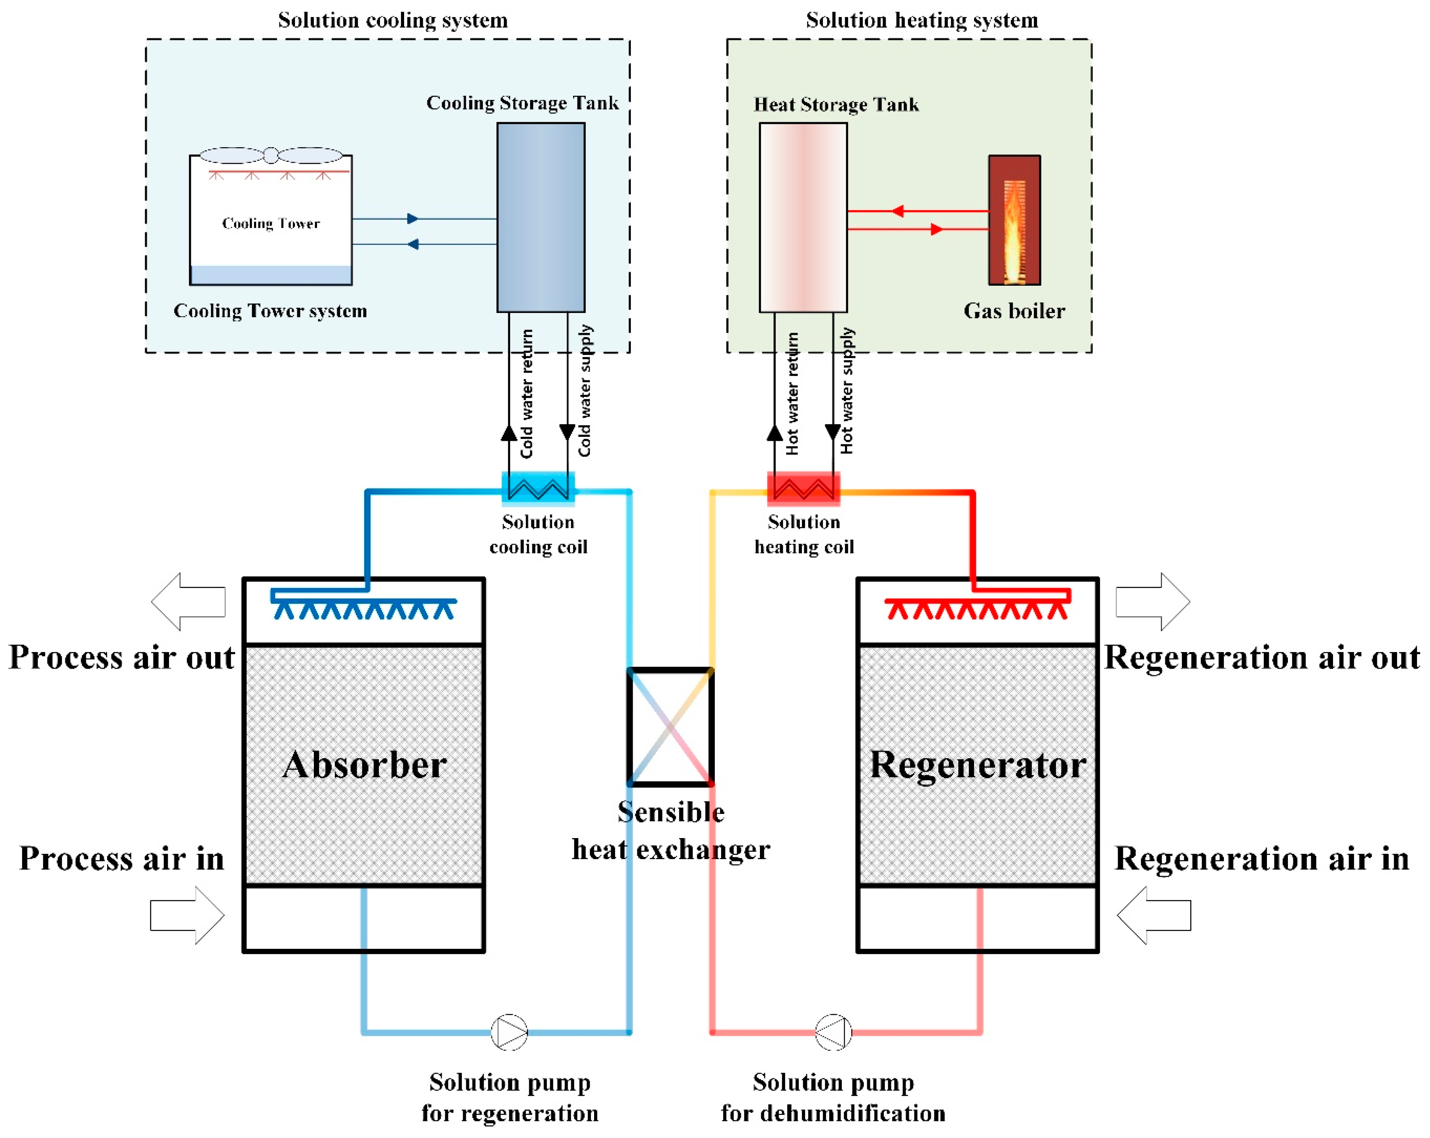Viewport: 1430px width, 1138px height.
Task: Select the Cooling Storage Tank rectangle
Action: [x=541, y=218]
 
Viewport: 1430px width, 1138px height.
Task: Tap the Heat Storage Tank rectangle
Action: [x=803, y=218]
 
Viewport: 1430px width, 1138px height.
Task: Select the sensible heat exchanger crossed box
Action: [x=670, y=726]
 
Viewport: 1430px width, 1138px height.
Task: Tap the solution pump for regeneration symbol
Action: [x=509, y=1032]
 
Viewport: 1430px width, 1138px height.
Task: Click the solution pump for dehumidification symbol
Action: [x=833, y=1032]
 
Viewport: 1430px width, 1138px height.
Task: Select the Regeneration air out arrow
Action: [x=1153, y=601]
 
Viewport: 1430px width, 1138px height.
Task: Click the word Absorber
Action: [x=364, y=764]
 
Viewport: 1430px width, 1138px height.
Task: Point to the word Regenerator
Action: [x=978, y=764]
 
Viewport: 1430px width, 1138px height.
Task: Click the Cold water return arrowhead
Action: [x=509, y=433]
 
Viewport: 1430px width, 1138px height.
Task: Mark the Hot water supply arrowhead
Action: [x=833, y=432]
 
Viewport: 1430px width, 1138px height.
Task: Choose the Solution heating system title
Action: [x=921, y=20]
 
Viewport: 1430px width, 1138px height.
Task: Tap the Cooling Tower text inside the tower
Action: [x=271, y=224]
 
